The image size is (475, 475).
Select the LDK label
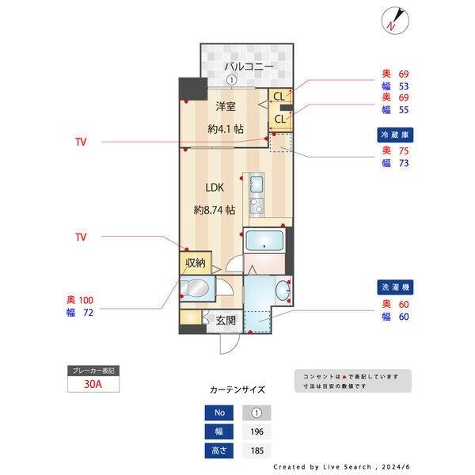point(215,188)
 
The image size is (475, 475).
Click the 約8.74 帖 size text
point(215,211)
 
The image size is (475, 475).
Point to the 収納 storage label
point(196,263)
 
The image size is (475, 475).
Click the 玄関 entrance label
point(225,321)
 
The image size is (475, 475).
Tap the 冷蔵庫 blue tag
point(395,135)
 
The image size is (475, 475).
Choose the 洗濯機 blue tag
point(395,287)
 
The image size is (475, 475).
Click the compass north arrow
point(394,20)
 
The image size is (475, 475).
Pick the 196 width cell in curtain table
point(256,431)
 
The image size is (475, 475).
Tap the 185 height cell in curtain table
point(256,450)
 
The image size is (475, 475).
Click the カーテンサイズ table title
point(237,389)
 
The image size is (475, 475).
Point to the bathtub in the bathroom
point(264,241)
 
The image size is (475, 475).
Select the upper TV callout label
point(81,142)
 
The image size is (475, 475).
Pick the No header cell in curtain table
point(218,412)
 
